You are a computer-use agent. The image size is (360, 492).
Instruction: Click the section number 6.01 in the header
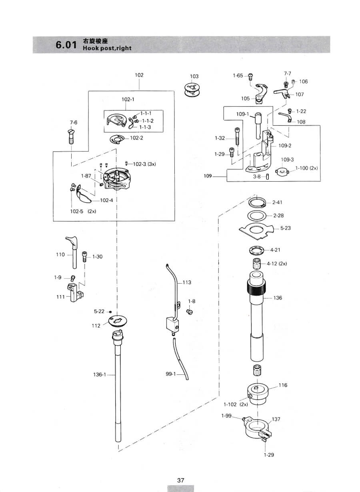[66, 45]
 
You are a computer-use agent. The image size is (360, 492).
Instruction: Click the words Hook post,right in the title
[107, 48]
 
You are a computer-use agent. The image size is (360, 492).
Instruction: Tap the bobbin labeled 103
[192, 90]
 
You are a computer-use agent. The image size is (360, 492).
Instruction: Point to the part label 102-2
[136, 138]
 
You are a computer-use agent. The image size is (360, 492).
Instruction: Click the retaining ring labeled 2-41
[257, 202]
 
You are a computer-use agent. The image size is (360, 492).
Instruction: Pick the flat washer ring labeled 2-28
[257, 216]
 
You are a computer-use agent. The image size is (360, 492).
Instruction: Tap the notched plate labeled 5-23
[256, 230]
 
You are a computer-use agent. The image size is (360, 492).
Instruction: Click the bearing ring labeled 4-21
[256, 251]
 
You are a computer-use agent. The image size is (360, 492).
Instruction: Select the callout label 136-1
[100, 374]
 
